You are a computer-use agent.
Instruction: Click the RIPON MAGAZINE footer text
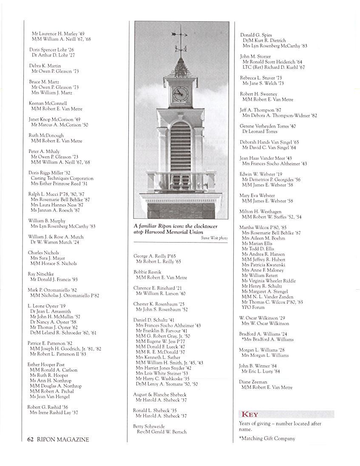(63, 439)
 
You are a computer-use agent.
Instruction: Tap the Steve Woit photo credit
(214, 238)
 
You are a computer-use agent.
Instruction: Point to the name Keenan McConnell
(48, 103)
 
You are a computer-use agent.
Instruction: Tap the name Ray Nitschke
(41, 274)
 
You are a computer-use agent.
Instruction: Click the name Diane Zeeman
(253, 382)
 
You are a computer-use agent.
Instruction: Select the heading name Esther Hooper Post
(46, 364)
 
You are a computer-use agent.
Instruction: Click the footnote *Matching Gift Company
(267, 438)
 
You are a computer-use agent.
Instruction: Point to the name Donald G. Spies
(256, 35)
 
